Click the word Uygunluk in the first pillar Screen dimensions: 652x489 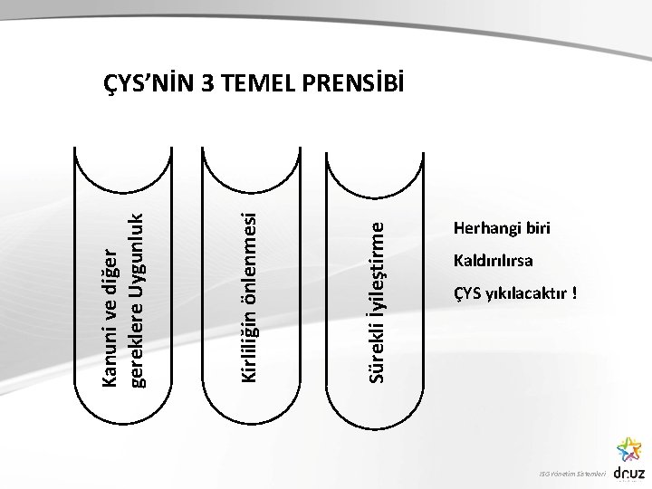(139, 248)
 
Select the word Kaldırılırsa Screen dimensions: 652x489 (494, 262)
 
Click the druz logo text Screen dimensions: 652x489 (628, 473)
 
